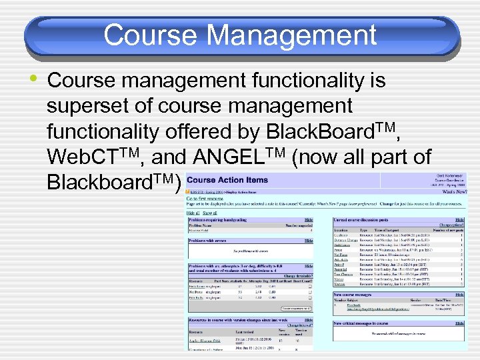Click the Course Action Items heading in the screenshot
pos(228,179)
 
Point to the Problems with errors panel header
pos(213,240)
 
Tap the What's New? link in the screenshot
pos(455,191)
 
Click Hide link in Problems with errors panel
pos(309,240)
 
